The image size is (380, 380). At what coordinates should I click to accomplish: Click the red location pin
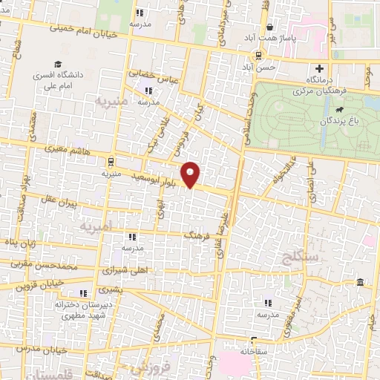pos(191,174)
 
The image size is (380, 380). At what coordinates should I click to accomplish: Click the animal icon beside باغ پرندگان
pos(338,111)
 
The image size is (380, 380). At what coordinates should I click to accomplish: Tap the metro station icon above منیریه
pos(111,161)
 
